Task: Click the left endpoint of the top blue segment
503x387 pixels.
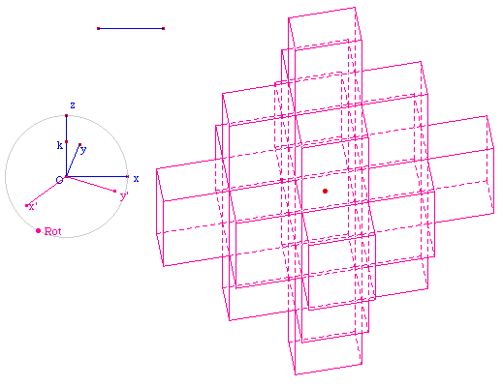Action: [99, 29]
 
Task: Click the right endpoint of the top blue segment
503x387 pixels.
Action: [163, 29]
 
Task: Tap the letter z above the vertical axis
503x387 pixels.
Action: [73, 105]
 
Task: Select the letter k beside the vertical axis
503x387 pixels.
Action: [60, 145]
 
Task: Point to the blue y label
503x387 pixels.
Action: [83, 150]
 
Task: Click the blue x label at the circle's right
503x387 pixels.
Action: [136, 179]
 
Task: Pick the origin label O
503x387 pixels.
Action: [59, 180]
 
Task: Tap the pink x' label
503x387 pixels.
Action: [32, 207]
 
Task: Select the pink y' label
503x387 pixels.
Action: [124, 196]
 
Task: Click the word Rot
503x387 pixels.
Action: [52, 231]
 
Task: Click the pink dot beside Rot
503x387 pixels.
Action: [38, 230]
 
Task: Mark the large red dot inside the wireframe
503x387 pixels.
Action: [325, 192]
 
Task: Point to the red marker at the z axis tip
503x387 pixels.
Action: [66, 115]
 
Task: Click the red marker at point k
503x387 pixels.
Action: [66, 141]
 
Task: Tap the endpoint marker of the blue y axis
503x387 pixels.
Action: [79, 144]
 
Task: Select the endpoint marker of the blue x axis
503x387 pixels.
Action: [128, 176]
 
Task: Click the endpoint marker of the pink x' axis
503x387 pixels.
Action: [26, 205]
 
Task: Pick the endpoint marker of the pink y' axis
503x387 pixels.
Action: [115, 191]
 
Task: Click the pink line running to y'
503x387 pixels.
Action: [90, 184]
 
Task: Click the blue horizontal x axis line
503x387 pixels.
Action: [97, 176]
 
